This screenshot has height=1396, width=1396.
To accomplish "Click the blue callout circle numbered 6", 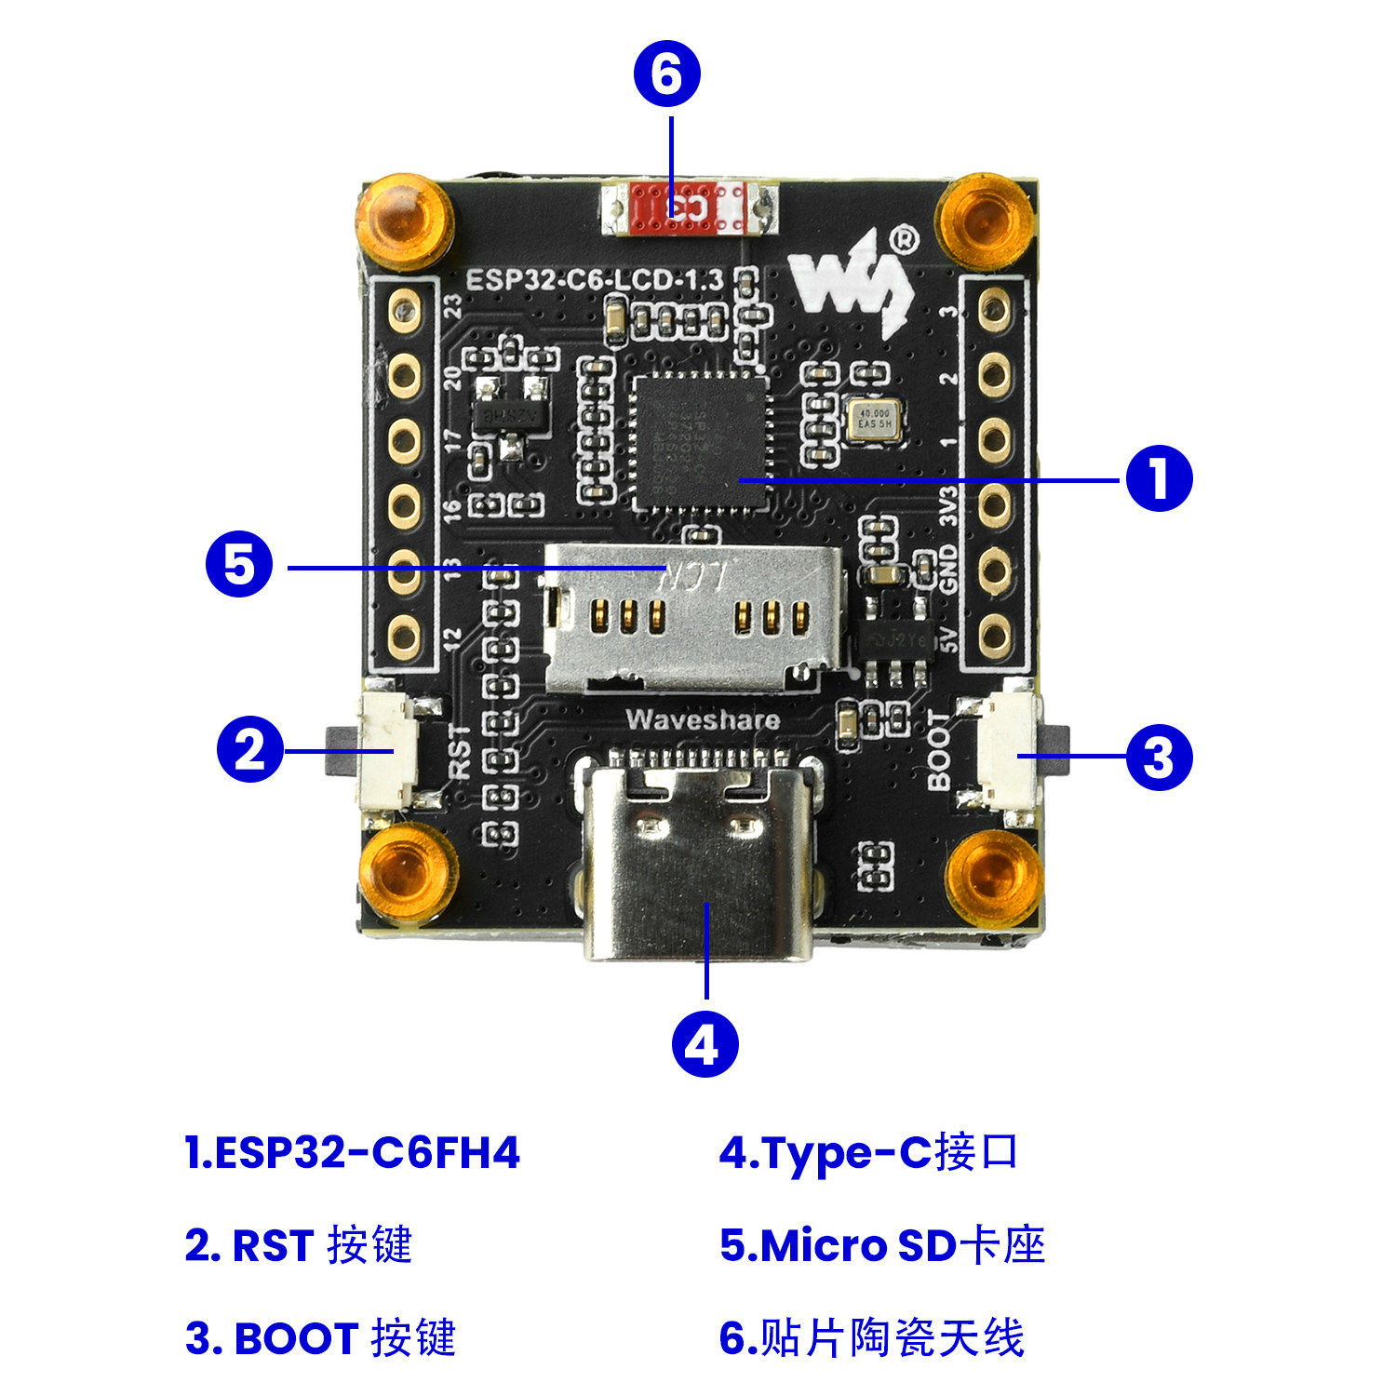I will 666,74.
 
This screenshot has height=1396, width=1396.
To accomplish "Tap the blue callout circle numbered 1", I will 1159,478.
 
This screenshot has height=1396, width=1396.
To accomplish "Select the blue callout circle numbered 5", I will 239,564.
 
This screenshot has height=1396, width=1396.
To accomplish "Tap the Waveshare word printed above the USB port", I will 703,718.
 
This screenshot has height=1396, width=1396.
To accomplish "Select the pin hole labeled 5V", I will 995,636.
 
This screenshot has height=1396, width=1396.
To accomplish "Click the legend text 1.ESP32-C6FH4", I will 353,1152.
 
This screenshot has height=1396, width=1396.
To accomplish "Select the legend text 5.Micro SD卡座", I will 882,1245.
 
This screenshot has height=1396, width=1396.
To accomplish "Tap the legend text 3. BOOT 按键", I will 321,1338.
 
